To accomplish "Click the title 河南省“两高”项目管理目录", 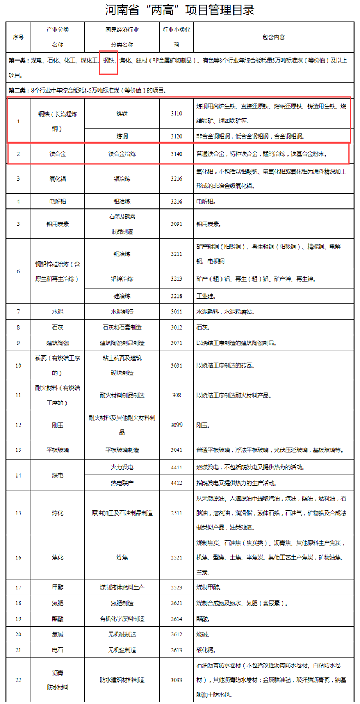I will coord(180,10).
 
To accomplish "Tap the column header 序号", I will coord(18,37).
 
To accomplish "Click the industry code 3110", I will coord(176,114).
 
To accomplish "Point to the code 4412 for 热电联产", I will coord(176,483).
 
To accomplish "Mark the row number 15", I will coord(18,513).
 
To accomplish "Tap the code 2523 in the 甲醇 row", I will coord(176,588).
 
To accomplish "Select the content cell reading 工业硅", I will coord(205,296).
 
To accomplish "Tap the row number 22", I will coord(18,680).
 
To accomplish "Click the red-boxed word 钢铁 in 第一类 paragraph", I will coord(109,61).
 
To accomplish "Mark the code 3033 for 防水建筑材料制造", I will coord(176,680).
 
